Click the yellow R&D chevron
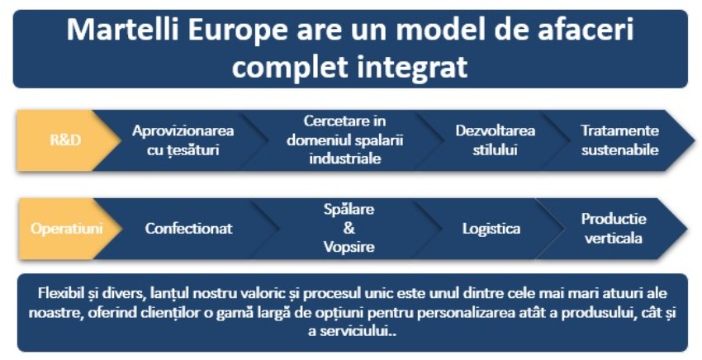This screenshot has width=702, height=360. pyautogui.click(x=65, y=140)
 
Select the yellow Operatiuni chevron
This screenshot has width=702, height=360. pyautogui.click(x=66, y=229)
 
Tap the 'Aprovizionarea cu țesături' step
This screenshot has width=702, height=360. pyautogui.click(x=183, y=140)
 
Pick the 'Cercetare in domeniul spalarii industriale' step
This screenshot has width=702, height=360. pyautogui.click(x=344, y=140)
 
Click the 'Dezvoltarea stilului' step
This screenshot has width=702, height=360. pyautogui.click(x=496, y=140)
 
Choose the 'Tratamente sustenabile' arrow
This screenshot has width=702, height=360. pyautogui.click(x=619, y=140)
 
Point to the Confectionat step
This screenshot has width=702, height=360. pyautogui.click(x=188, y=229)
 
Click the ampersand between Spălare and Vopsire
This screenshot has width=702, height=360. pyautogui.click(x=349, y=228)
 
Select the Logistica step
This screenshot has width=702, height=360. pyautogui.click(x=491, y=229)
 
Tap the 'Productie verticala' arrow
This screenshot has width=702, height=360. pyautogui.click(x=614, y=229)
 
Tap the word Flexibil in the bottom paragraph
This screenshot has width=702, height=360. pyautogui.click(x=59, y=293)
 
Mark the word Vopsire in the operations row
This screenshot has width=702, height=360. pyautogui.click(x=349, y=247)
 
